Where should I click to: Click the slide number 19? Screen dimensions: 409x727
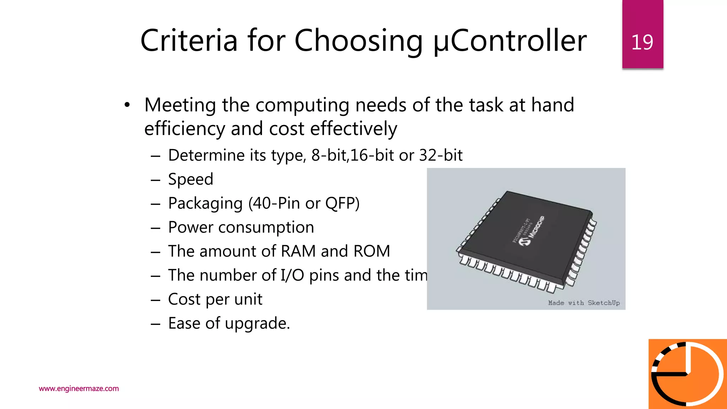coord(642,42)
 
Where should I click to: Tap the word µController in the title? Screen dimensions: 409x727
coord(510,41)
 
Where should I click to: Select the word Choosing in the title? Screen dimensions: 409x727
coord(359,41)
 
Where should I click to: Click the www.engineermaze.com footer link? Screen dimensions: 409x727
coord(79,388)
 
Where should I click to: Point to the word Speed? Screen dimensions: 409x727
coord(191,179)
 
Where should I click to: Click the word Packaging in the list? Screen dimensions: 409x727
coord(205,203)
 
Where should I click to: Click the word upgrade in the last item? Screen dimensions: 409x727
coord(257,323)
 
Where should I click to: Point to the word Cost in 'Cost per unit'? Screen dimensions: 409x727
coord(184,299)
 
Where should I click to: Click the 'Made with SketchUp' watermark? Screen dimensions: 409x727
coord(584,303)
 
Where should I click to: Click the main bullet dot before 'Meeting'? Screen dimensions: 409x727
coord(127,105)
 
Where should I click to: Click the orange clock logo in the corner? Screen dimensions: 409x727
coord(688,374)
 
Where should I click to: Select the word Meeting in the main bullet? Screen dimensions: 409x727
coord(180,105)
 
